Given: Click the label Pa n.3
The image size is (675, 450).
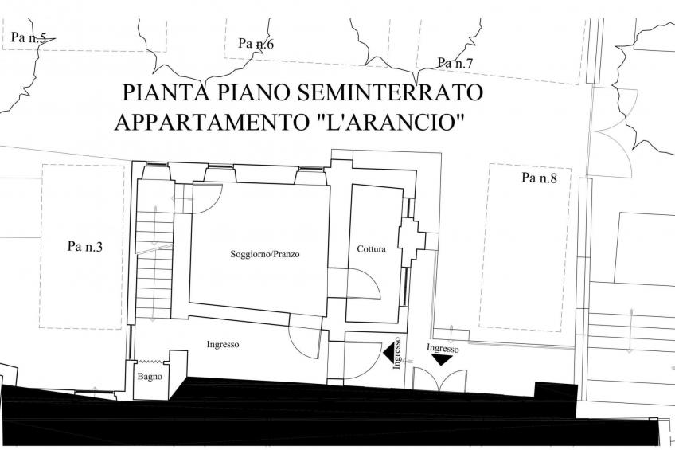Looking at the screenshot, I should (85, 247).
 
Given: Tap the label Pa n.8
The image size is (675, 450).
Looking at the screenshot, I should (540, 178).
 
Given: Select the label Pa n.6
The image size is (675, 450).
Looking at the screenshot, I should (256, 44).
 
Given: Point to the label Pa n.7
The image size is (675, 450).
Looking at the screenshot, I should (456, 63).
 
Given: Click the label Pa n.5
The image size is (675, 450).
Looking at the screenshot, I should (29, 37).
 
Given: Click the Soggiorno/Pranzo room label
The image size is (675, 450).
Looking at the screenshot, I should (259, 254).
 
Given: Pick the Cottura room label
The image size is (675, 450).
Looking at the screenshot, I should (371, 249).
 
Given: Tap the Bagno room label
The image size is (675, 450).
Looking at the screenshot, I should (150, 377).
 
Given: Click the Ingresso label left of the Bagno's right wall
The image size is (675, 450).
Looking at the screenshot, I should (223, 345).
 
